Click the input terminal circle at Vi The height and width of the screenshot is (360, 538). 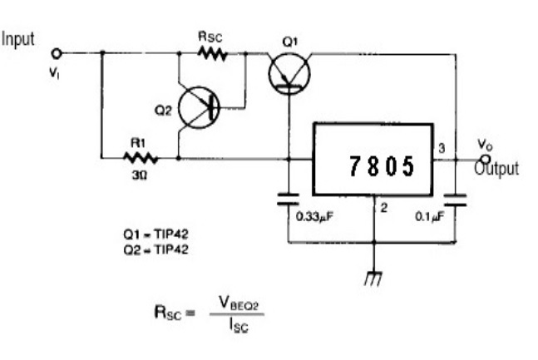coord(57,53)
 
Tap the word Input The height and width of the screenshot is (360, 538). coord(17,39)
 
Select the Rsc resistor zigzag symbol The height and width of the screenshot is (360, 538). coord(213,53)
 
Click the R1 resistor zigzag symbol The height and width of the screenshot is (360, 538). coord(141,158)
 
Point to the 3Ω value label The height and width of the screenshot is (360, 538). coord(140,175)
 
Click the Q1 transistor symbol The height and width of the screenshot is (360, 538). coord(289,73)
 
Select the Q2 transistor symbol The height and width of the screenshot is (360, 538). coord(199,108)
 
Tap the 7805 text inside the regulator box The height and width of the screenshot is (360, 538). coord(382,166)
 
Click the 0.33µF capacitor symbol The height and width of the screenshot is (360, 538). coord(289,200)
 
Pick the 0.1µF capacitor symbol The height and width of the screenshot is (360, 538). coord(456,200)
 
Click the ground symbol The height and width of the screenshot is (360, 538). coord(373,279)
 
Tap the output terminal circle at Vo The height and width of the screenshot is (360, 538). coord(486,160)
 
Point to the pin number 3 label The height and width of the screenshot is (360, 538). coord(442,148)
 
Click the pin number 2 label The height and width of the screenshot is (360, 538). coord(384,208)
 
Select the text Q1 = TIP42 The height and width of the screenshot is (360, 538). coord(155,234)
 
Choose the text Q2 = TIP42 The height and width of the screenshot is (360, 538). coord(155,249)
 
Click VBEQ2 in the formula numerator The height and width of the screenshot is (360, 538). coord(239,303)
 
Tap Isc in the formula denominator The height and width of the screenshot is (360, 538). coord(239,325)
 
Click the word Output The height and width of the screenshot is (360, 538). coord(496,169)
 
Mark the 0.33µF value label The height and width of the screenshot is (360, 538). coord(314,216)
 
